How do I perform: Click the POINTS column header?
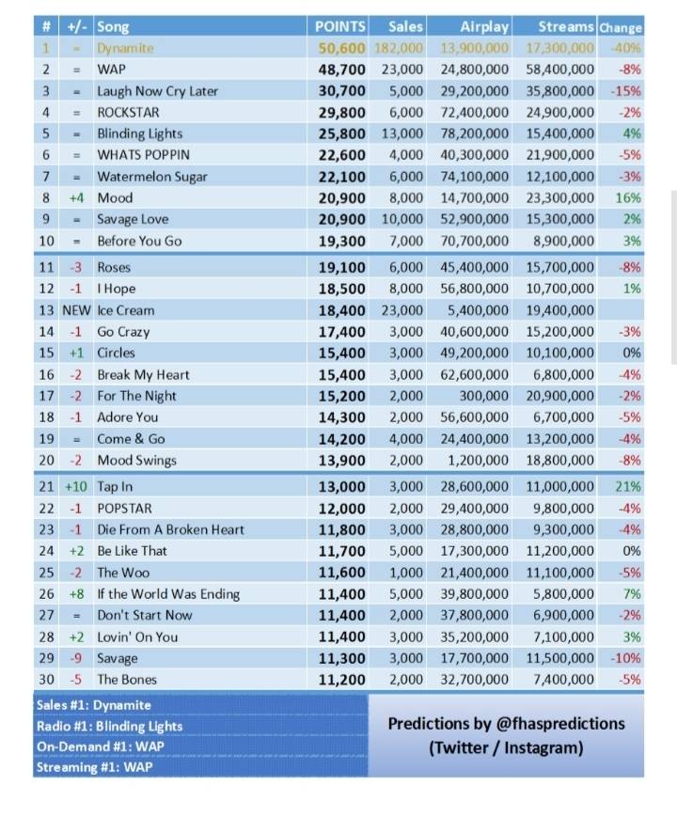341,26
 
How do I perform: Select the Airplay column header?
484,26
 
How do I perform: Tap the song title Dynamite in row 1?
125,48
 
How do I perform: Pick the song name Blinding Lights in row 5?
139,134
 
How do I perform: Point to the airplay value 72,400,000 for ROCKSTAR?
475,113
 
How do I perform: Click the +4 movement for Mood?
76,198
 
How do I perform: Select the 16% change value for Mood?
628,198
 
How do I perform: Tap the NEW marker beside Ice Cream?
76,310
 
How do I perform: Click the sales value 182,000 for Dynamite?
399,48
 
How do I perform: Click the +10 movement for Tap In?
76,486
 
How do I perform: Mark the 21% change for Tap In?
628,486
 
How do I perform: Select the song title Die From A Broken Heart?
170,529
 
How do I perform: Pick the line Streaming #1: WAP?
94,767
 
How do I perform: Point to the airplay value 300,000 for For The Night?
486,396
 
